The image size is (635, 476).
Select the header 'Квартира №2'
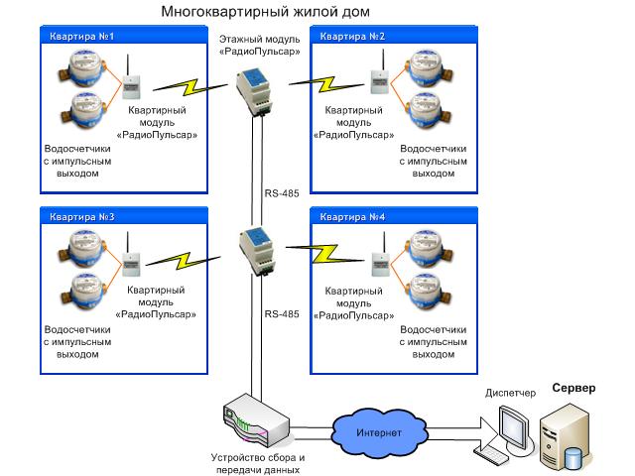tap(353, 37)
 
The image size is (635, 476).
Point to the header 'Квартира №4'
tap(353, 215)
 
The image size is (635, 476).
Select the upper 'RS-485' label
tap(282, 193)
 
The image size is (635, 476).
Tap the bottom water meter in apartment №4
tap(425, 291)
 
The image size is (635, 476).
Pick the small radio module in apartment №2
tap(377, 84)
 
